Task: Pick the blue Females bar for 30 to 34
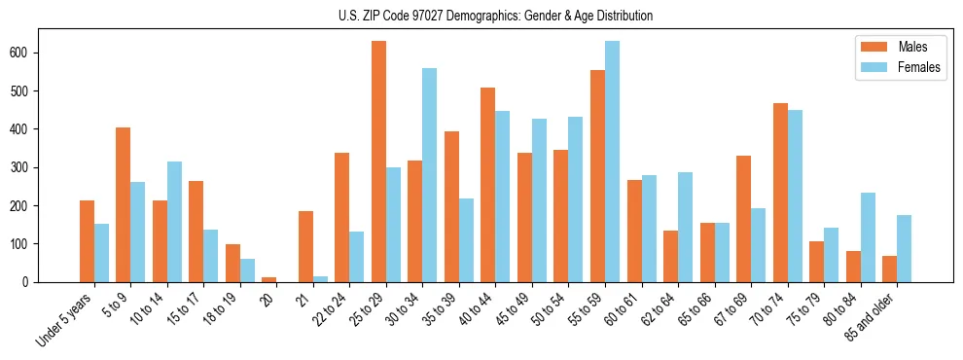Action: (429, 175)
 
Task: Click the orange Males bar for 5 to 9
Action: (123, 204)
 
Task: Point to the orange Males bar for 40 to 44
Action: (487, 185)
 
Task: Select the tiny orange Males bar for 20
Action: (268, 279)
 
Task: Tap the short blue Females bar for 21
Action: (320, 279)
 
